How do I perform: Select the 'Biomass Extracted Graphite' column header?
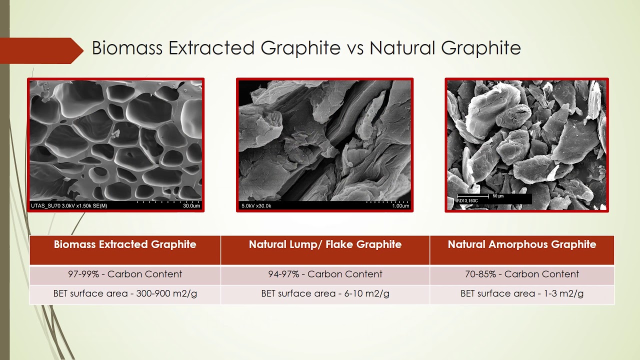[x=125, y=244]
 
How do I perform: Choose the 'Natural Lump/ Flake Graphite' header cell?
[x=325, y=244]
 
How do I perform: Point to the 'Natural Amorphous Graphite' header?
[x=521, y=244]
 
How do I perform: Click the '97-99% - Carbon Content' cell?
[x=125, y=274]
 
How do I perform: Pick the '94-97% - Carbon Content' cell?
[x=325, y=274]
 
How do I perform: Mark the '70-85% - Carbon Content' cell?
[x=521, y=274]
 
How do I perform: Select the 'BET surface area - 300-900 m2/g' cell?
[x=125, y=293]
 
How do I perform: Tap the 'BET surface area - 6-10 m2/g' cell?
[x=325, y=293]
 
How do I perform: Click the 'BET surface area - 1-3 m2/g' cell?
[x=521, y=293]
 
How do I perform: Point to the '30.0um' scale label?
[x=191, y=206]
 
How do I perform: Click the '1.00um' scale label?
[x=400, y=206]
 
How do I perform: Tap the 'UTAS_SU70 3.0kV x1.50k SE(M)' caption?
[x=69, y=206]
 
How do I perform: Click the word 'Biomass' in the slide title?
[x=127, y=48]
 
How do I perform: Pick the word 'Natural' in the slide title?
[x=402, y=48]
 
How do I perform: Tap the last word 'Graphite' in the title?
[x=481, y=48]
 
